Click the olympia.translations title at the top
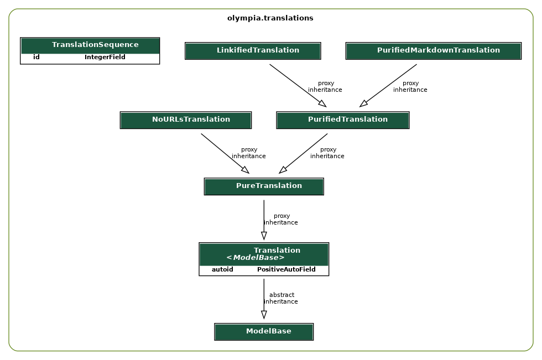[270, 18]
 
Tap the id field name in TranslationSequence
[37, 58]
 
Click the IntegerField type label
[105, 58]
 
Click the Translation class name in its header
[277, 251]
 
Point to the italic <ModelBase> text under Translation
[255, 258]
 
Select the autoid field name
[222, 270]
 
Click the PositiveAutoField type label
[286, 270]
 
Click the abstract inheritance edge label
[281, 299]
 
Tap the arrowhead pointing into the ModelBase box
[264, 315]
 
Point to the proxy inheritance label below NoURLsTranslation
[249, 153]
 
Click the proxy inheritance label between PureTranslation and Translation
[281, 220]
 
